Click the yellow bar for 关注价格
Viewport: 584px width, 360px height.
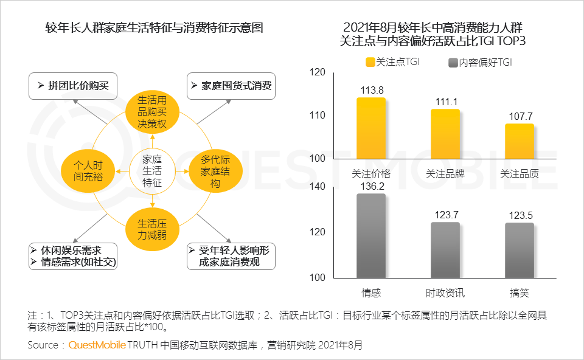(x=370, y=128)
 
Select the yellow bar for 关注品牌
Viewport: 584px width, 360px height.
(x=445, y=134)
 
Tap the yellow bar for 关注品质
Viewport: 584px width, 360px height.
(x=519, y=141)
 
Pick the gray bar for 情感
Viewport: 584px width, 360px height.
(x=370, y=235)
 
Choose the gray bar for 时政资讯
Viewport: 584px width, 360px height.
(x=445, y=249)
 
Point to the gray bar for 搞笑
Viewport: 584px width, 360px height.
(x=519, y=250)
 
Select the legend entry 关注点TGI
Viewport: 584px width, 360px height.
(x=392, y=62)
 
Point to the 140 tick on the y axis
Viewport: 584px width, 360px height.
(x=318, y=187)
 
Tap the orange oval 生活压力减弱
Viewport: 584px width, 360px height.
(x=151, y=229)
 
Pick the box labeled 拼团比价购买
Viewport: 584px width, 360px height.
(x=72, y=86)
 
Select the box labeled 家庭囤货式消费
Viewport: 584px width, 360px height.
(x=231, y=86)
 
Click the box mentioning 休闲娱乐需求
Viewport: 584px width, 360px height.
(x=72, y=256)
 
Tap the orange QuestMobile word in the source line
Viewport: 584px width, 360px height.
(x=97, y=345)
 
